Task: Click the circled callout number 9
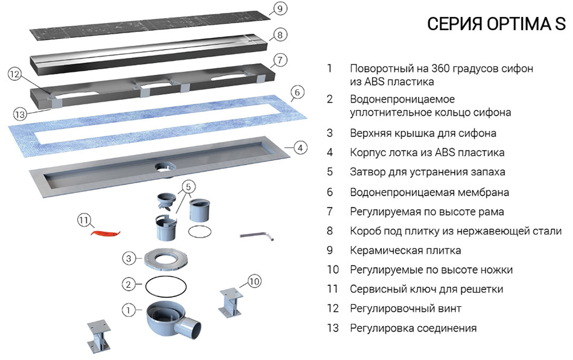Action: (x=278, y=8)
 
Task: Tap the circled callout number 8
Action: (x=279, y=35)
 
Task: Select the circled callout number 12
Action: (x=15, y=74)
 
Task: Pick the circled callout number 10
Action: (x=255, y=280)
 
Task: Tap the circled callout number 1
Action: (x=128, y=310)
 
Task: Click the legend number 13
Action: (x=332, y=328)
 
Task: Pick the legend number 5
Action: (x=330, y=172)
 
